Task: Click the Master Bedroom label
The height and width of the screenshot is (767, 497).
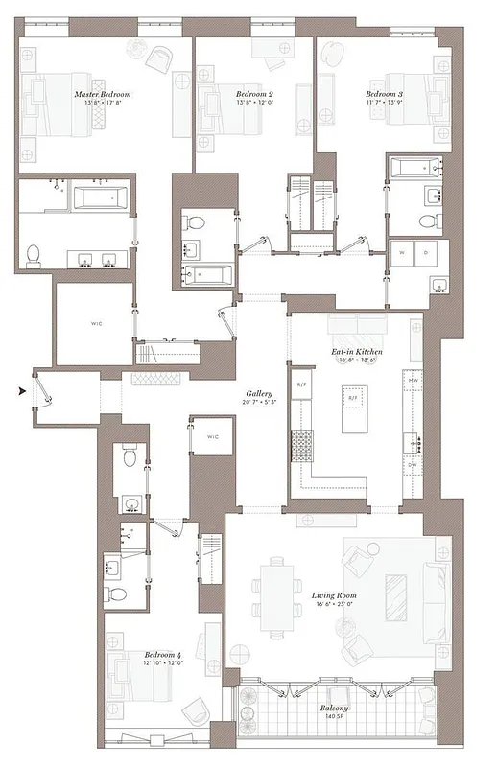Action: [x=103, y=95]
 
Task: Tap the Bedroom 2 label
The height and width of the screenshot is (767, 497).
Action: [x=254, y=94]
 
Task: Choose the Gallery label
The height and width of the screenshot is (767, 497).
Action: [x=259, y=393]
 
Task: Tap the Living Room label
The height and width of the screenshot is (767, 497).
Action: [x=334, y=595]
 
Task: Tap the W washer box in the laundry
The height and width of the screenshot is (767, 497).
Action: [x=402, y=251]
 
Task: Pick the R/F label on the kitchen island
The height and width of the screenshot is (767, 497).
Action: [x=352, y=397]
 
